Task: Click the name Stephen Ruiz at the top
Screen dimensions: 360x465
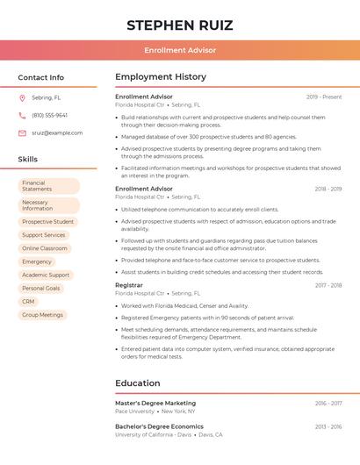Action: (x=180, y=24)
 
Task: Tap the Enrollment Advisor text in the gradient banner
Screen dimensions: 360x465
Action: (x=180, y=50)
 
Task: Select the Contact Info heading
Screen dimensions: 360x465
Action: (x=41, y=77)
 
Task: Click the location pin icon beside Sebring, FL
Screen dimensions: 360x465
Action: (x=22, y=97)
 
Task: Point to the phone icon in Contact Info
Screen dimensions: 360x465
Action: (x=22, y=115)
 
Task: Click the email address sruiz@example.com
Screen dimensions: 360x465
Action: (x=57, y=132)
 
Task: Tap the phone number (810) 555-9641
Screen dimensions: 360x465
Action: (x=49, y=115)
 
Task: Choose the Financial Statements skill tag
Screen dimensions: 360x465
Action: (x=49, y=186)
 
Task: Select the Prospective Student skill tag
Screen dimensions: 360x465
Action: (x=48, y=222)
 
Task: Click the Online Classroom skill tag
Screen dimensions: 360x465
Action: (x=45, y=248)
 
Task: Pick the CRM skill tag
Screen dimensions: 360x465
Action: (x=29, y=301)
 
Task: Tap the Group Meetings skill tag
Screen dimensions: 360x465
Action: (x=43, y=314)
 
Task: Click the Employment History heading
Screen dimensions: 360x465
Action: (x=161, y=77)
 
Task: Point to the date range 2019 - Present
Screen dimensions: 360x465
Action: (x=324, y=97)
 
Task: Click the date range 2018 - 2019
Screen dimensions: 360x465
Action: (x=328, y=189)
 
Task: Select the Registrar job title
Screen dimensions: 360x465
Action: (x=129, y=285)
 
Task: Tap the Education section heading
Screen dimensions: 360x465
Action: (x=138, y=383)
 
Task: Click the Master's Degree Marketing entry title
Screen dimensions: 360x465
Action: (x=155, y=404)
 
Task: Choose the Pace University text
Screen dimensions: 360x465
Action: (x=134, y=411)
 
